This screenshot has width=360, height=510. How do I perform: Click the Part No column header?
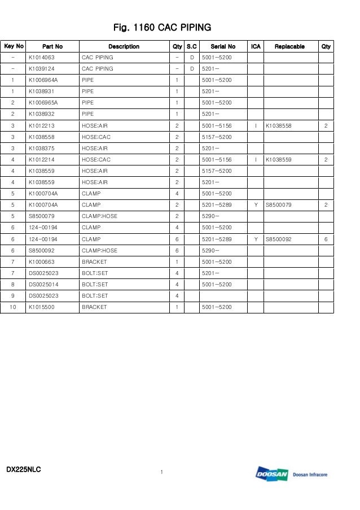click(x=52, y=46)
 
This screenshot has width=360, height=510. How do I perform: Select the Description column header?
click(x=124, y=46)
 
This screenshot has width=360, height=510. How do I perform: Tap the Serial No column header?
click(x=223, y=46)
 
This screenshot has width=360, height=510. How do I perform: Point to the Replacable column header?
click(x=289, y=46)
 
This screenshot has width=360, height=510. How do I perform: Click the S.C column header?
click(x=192, y=46)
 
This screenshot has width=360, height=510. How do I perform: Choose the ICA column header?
click(x=256, y=46)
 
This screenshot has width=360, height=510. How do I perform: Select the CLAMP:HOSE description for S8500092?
click(x=99, y=250)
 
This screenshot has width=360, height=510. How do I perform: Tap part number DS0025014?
click(x=43, y=285)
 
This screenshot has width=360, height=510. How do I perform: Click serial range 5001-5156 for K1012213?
click(x=217, y=125)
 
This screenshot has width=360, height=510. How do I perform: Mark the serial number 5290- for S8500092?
click(x=210, y=250)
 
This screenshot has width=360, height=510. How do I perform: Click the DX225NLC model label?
click(x=24, y=469)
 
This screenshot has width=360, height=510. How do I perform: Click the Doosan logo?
click(x=272, y=474)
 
